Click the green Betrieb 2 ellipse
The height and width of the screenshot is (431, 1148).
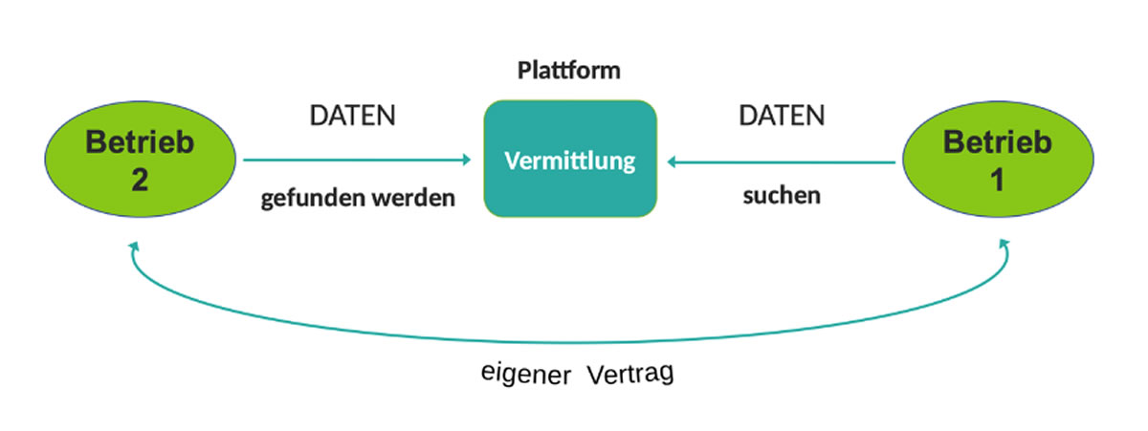tap(140, 161)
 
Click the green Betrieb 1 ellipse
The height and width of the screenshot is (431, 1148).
tap(997, 161)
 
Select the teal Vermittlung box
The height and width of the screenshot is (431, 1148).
tap(570, 158)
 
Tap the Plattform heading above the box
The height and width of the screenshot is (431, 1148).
tap(569, 71)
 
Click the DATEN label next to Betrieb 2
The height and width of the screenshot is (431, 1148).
tap(353, 117)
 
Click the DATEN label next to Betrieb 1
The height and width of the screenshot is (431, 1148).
tap(782, 117)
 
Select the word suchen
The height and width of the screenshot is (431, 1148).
tap(782, 197)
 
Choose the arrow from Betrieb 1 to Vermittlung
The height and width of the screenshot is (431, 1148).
tap(782, 162)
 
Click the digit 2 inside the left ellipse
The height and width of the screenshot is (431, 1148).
tap(140, 180)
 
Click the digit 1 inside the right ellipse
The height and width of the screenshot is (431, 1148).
tap(997, 180)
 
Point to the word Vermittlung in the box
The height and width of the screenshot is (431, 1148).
tap(570, 160)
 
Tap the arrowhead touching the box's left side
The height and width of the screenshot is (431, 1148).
tap(467, 160)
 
